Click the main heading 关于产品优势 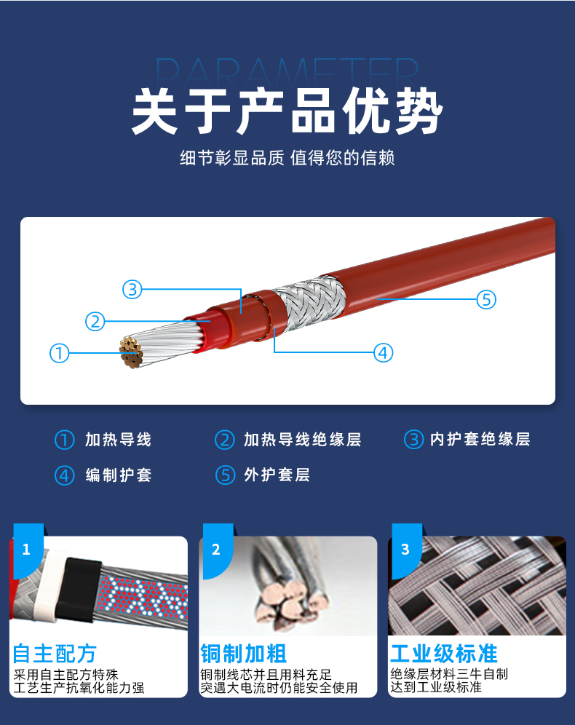coord(287,111)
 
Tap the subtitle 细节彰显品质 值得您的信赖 coord(287,158)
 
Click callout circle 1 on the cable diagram coord(59,353)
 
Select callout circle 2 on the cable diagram coord(95,321)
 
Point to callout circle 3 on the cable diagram coord(132,290)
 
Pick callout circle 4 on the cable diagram coord(383,353)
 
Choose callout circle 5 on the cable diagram coord(486,299)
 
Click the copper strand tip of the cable coord(131,352)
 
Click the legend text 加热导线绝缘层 coord(302,439)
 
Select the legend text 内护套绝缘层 coord(480,439)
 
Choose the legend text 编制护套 coord(119,475)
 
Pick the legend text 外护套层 coord(277,475)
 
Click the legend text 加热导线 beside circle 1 coord(119,439)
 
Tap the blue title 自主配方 coord(54,654)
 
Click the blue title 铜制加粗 coord(243,654)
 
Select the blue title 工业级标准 coord(444,654)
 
